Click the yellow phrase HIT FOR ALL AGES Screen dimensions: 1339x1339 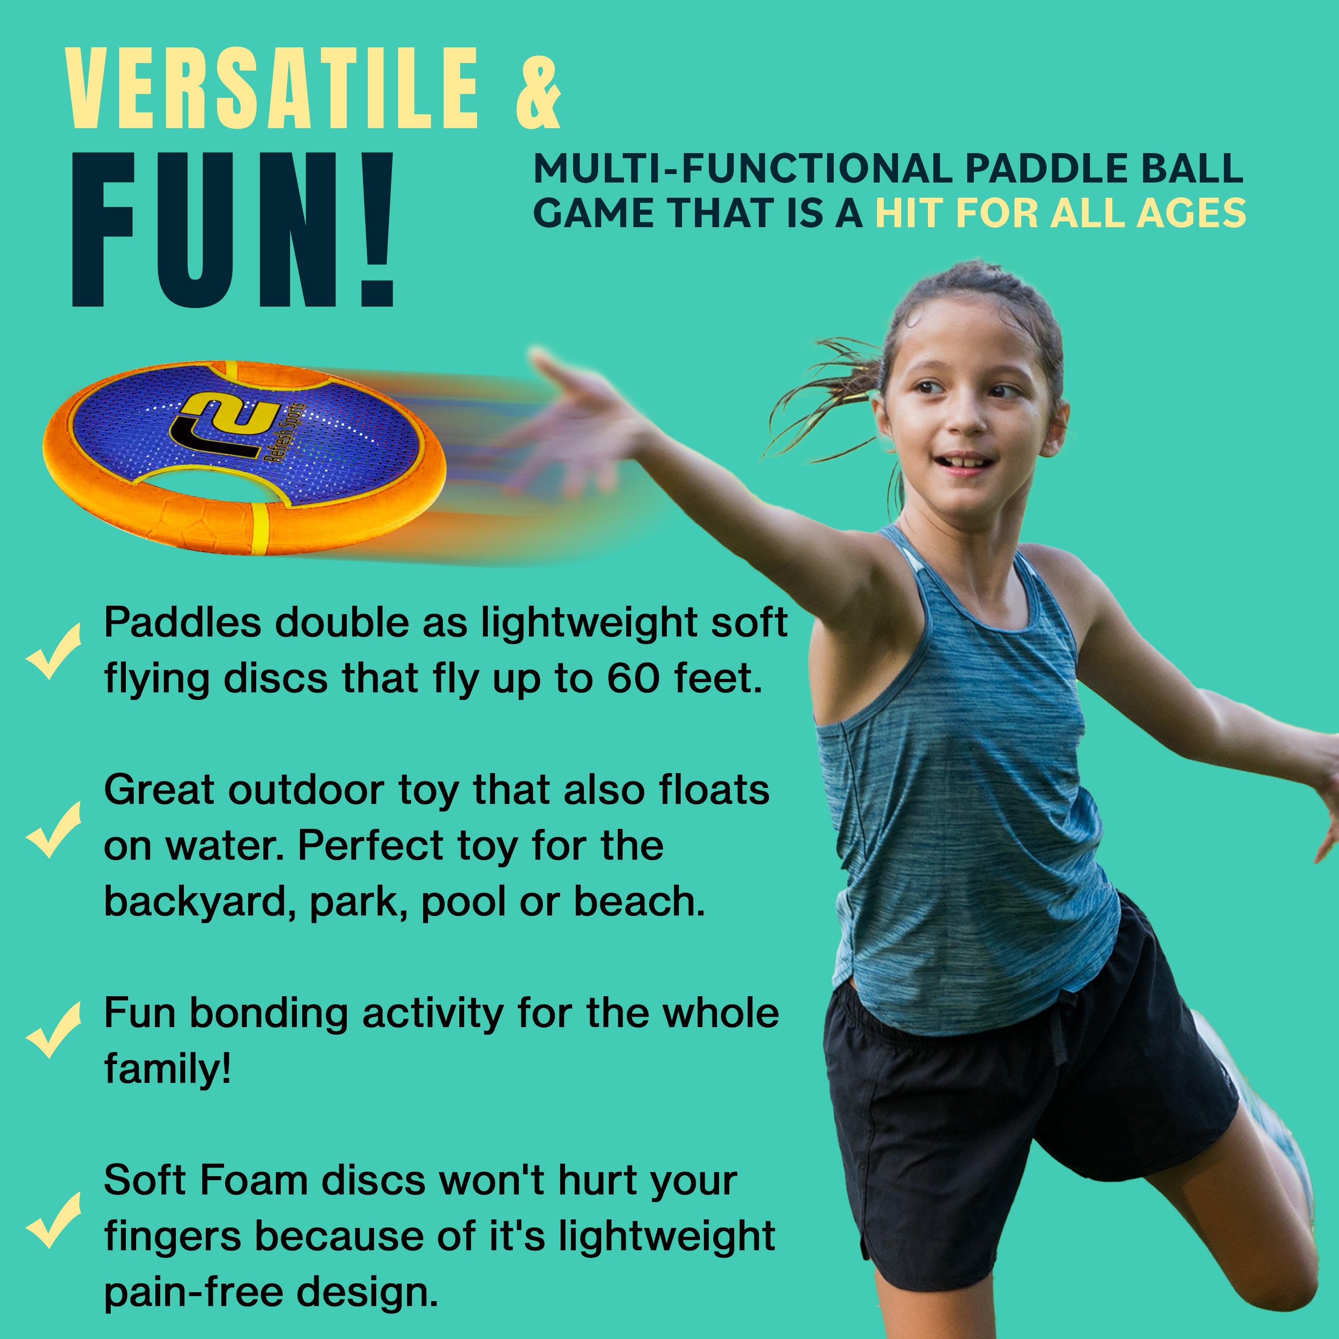(x=1060, y=213)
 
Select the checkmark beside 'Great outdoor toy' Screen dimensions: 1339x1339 (x=54, y=830)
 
